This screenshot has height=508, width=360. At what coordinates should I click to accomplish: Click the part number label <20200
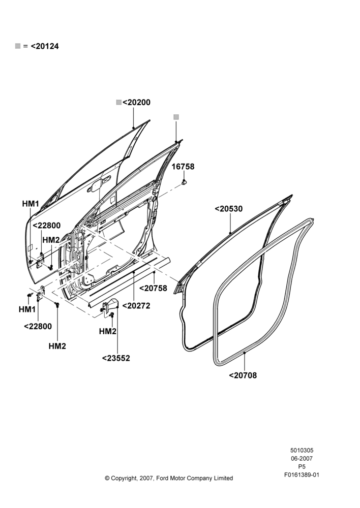pos(137,103)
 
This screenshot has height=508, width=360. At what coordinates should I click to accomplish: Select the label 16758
pos(183,167)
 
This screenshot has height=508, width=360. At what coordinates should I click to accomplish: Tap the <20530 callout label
pos(229,209)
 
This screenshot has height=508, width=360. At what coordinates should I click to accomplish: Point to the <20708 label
pos(243,375)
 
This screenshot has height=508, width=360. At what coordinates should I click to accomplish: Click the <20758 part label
pos(154,289)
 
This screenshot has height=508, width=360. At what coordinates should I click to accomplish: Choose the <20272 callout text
pos(136,306)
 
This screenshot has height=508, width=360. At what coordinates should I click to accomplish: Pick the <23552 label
pos(116,358)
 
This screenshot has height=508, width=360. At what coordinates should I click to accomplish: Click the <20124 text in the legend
pos(45,46)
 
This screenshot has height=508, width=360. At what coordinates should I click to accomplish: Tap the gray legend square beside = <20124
pos(18,46)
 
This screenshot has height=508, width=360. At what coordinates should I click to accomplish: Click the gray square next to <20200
pos(119,103)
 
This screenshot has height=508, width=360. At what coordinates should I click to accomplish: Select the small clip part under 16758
pos(184,182)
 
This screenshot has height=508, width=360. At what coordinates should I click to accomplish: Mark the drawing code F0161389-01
pos(302,475)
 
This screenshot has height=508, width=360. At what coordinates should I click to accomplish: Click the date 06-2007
pos(302,458)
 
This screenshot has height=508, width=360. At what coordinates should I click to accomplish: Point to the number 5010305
pos(302,450)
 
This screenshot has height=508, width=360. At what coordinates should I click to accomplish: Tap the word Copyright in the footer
pos(124,478)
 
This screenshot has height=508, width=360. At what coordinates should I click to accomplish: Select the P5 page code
pos(302,467)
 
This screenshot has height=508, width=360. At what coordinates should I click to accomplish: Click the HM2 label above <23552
pos(108,331)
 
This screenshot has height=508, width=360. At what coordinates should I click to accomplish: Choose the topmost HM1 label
pos(31,204)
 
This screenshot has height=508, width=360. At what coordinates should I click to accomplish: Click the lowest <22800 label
pos(38,327)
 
